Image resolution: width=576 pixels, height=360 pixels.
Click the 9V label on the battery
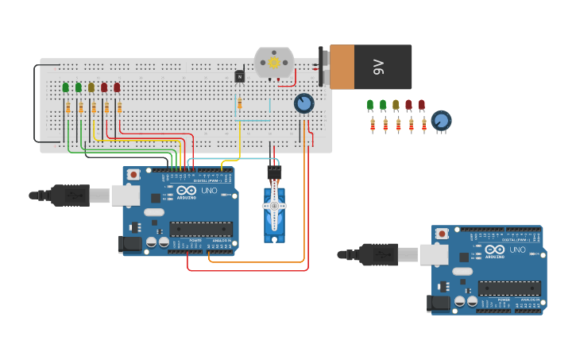[378, 68]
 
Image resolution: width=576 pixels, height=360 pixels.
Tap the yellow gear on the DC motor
[274, 62]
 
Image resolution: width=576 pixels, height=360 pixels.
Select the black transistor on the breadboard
[239, 76]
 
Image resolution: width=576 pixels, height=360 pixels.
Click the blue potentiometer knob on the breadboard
[303, 103]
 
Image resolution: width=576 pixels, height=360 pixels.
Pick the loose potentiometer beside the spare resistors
[441, 122]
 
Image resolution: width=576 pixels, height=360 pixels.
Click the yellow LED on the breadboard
[91, 87]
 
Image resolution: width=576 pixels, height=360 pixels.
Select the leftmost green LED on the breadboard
[66, 87]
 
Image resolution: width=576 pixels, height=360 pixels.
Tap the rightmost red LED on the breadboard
[117, 87]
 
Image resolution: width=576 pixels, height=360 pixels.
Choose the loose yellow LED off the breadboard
[396, 105]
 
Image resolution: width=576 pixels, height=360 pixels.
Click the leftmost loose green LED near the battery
[370, 105]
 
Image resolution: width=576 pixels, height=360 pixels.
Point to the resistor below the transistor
[239, 103]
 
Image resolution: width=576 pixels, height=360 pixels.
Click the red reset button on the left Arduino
[133, 174]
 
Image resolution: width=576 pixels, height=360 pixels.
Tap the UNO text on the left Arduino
[207, 191]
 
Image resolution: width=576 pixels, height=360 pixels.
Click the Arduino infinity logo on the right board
[495, 250]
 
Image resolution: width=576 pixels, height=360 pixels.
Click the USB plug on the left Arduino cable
[73, 195]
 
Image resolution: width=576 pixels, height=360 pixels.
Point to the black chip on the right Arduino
[508, 288]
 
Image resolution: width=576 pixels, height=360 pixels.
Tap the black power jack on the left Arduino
[130, 245]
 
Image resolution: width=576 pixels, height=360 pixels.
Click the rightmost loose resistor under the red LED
[423, 124]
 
